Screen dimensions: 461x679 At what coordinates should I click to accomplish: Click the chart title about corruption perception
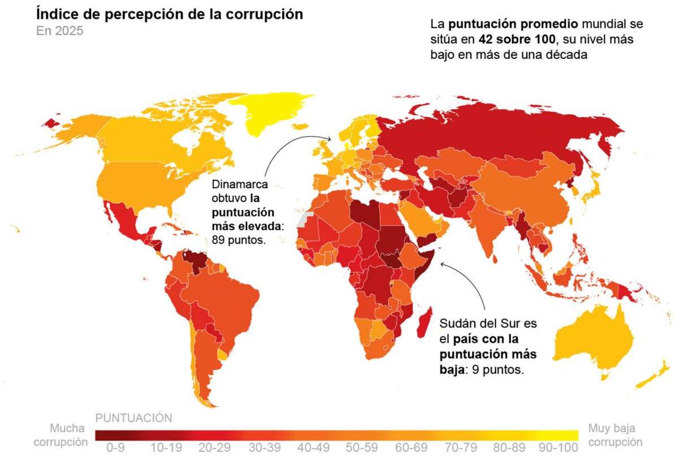pos(169,14)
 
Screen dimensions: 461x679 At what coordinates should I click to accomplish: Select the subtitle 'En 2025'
pos(59,31)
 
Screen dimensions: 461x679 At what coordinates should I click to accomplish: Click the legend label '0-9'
pos(115,447)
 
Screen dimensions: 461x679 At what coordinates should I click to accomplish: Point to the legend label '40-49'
pos(313,447)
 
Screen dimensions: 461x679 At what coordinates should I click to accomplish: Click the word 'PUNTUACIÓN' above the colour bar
pos(134,418)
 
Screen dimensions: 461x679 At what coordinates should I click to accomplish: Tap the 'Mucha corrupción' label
pos(61,434)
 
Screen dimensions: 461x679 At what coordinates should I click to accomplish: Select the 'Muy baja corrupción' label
pos(615,434)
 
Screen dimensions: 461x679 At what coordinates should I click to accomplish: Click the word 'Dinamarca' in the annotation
pos(239,185)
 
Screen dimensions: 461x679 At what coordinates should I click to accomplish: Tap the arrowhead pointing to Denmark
pos(330,137)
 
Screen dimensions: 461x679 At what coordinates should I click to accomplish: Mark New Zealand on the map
pos(656,376)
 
